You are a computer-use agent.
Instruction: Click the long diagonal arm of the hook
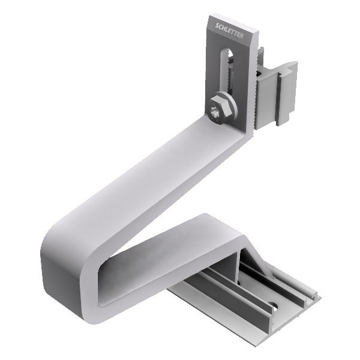(x=150, y=174)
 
